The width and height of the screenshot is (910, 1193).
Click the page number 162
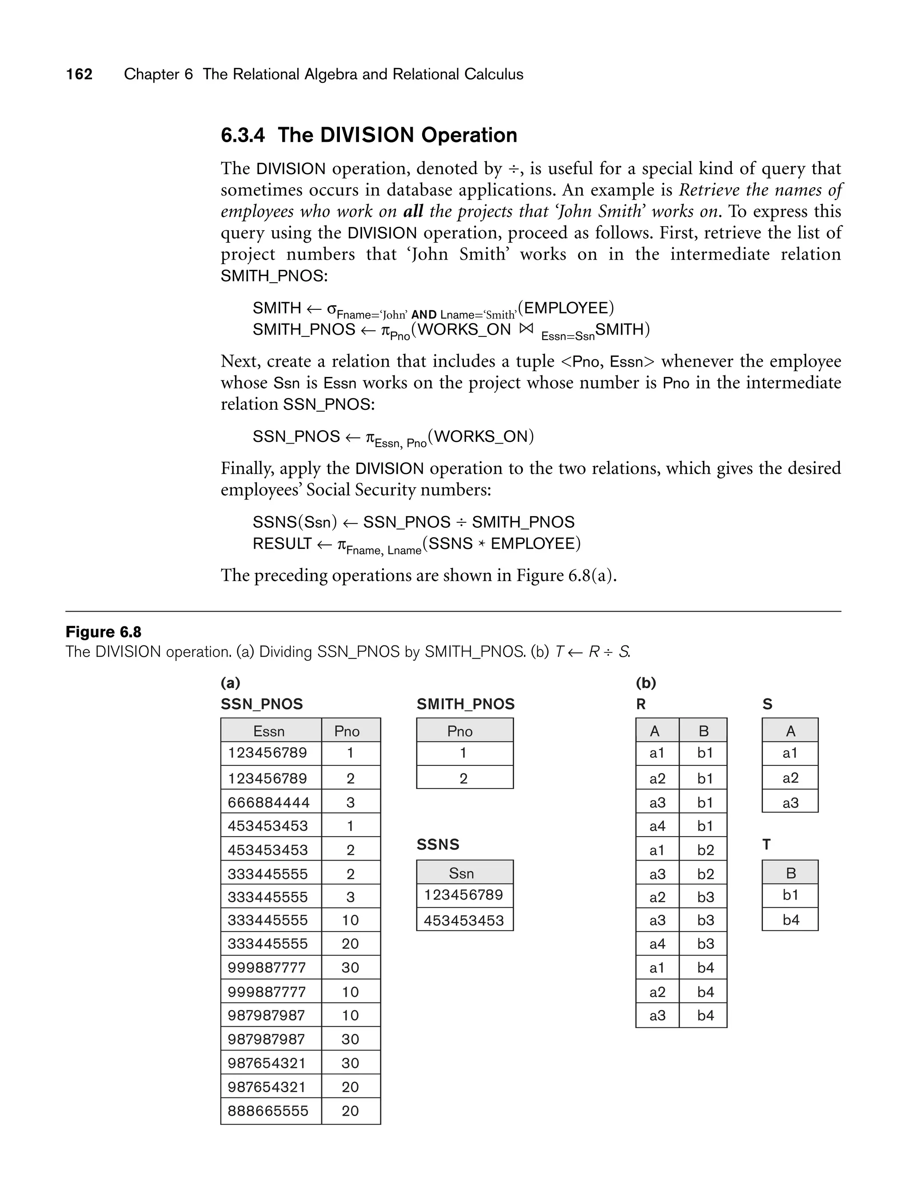tap(79, 74)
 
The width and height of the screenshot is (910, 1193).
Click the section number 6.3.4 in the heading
tap(243, 135)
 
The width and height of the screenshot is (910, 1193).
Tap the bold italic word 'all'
tap(413, 211)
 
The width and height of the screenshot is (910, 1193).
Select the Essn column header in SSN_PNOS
tap(269, 732)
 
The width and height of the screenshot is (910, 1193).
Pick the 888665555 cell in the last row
tap(267, 1111)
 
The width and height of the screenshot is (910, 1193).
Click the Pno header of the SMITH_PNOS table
tap(460, 732)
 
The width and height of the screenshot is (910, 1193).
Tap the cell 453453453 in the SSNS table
tap(464, 921)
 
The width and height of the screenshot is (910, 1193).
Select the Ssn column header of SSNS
tap(462, 873)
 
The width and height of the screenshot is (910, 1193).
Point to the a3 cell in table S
tap(791, 802)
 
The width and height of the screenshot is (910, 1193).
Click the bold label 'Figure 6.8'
tap(104, 632)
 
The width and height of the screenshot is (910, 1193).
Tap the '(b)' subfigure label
tap(646, 683)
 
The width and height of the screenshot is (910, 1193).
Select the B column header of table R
tap(704, 732)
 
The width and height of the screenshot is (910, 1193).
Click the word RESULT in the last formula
tap(282, 544)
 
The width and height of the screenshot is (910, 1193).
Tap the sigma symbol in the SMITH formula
tap(331, 308)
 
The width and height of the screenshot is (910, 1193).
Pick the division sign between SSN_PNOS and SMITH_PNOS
tap(460, 522)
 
